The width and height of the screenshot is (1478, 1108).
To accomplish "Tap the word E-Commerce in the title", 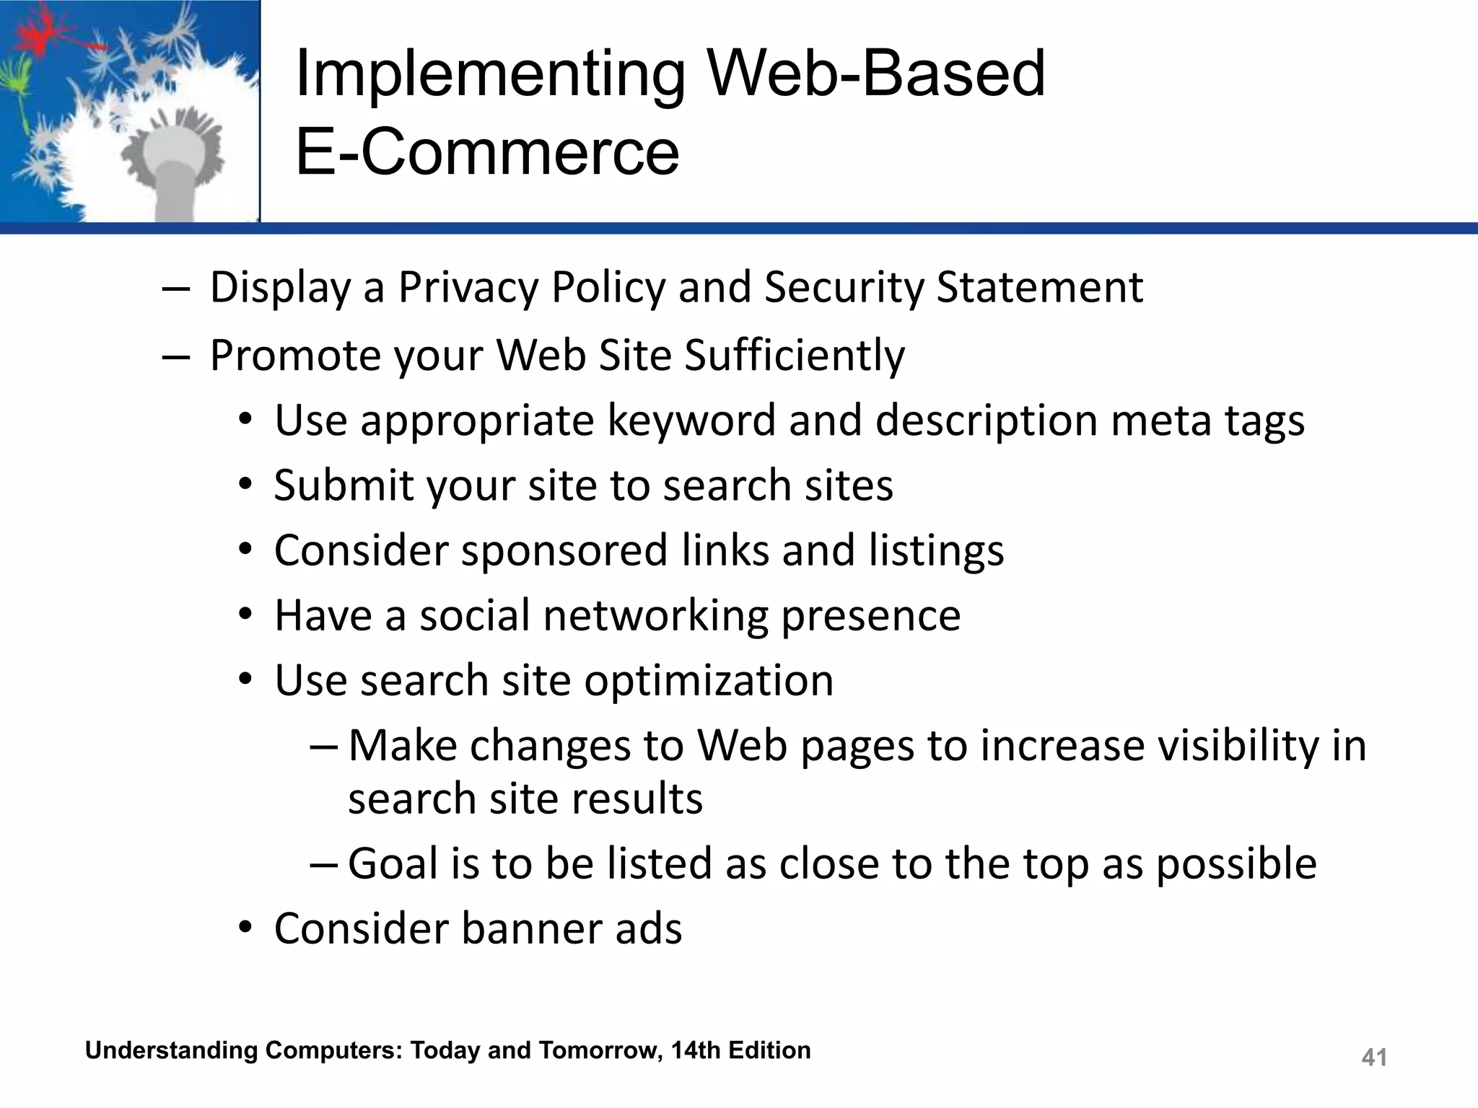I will pos(487,153).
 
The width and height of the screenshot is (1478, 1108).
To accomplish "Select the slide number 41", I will pos(1374,1058).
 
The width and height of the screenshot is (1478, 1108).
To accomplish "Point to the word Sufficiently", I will pos(794,356).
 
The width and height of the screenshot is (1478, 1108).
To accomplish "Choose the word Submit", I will pos(343,485).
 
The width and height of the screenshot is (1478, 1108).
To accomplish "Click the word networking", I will pos(655,616).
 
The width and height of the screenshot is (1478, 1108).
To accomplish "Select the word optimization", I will pos(708,681).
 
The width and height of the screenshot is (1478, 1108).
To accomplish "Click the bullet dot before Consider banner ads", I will pos(246,927).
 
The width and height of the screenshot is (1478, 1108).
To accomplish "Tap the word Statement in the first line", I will pos(1039,288).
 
